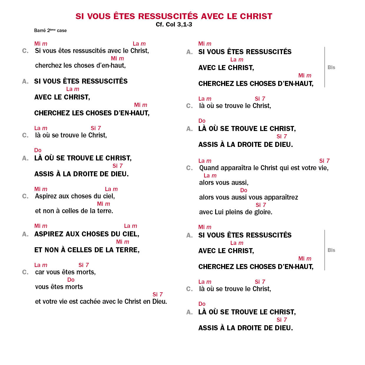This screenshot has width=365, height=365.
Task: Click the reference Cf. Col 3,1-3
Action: click(174, 24)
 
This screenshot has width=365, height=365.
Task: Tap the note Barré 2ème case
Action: click(50, 30)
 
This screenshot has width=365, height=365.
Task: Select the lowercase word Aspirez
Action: click(45, 196)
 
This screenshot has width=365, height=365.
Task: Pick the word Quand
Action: click(209, 168)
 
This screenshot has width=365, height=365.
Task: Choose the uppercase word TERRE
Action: click(127, 250)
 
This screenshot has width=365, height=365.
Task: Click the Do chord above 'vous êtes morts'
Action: click(71, 280)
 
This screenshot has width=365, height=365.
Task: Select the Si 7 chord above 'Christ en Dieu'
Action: click(157, 294)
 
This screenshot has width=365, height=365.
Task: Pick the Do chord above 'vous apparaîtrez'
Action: click(244, 190)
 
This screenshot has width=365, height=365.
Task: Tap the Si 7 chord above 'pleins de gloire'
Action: click(261, 205)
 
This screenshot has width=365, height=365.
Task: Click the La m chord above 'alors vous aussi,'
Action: click(210, 175)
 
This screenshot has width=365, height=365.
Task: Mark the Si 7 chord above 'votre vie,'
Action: click(324, 161)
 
